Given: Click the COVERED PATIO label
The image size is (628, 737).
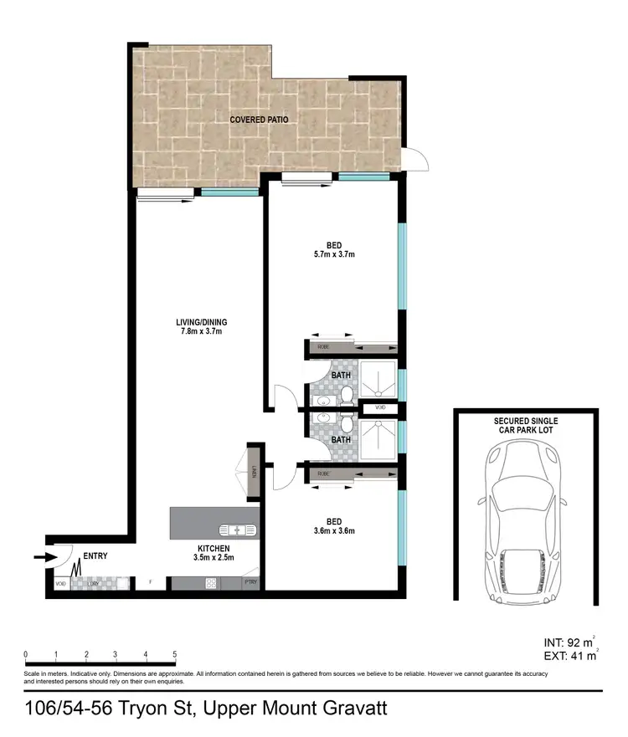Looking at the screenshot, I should pyautogui.click(x=260, y=120).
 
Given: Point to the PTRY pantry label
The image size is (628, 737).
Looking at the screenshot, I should pyautogui.click(x=250, y=583).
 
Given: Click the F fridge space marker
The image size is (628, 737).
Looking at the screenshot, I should pyautogui.click(x=150, y=583).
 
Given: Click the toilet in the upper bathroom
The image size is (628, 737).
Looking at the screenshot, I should pyautogui.click(x=346, y=399).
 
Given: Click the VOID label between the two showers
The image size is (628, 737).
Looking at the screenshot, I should pyautogui.click(x=380, y=407).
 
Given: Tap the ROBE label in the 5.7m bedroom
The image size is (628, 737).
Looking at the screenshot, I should pyautogui.click(x=324, y=345).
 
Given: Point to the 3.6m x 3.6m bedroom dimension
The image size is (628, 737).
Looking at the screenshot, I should pyautogui.click(x=334, y=530).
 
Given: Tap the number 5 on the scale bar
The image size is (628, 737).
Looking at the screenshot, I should pyautogui.click(x=175, y=654).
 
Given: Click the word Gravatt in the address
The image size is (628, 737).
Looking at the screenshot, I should pyautogui.click(x=344, y=709).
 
